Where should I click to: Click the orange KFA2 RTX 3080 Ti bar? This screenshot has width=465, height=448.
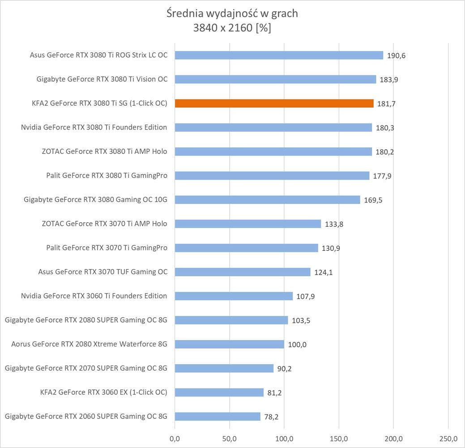click(274, 103)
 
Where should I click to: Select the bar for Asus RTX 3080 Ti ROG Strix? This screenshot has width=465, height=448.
click(279, 55)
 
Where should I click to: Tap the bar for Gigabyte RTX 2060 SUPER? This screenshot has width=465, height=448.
click(218, 417)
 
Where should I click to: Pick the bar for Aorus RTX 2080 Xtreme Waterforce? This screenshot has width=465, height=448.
click(229, 344)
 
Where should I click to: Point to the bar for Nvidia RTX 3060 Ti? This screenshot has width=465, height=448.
click(234, 296)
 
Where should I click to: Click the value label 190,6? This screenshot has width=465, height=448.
click(396, 56)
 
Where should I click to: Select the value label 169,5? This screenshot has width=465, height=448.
click(373, 200)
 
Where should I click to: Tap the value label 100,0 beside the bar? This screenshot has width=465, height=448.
click(297, 345)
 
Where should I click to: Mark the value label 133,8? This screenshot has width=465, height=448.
click(334, 224)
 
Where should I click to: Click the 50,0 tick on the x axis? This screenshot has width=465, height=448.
click(229, 437)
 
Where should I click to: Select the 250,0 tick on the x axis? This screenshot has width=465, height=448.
click(448, 437)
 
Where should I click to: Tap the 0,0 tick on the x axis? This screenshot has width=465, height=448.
click(175, 437)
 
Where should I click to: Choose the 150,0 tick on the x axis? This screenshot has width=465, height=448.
click(339, 437)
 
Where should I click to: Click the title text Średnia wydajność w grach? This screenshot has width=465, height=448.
click(232, 13)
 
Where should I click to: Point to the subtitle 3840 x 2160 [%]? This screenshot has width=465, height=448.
click(232, 28)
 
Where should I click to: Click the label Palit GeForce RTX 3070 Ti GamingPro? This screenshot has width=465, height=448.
click(107, 248)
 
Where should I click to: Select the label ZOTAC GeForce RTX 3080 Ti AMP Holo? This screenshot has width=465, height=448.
click(104, 151)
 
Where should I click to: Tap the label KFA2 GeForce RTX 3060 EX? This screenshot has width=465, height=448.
click(103, 392)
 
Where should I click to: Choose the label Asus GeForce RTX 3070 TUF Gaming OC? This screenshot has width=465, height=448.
click(103, 272)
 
